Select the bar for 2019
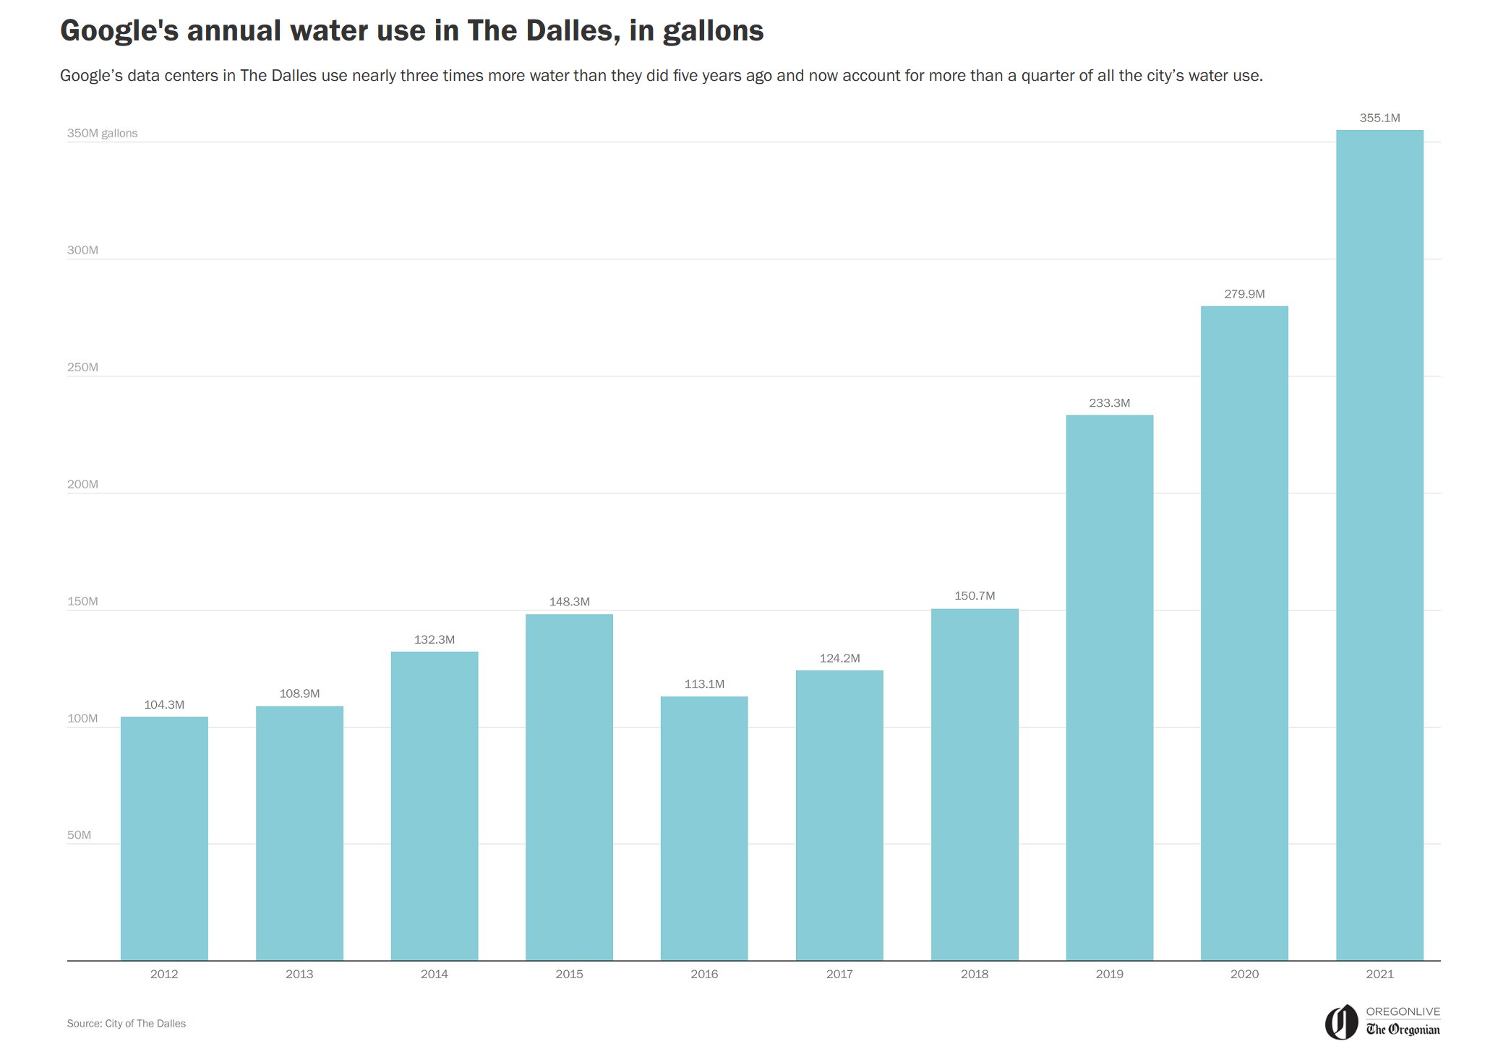click(1109, 687)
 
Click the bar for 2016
click(704, 828)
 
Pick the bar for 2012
click(164, 838)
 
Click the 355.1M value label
click(1379, 118)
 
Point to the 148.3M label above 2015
click(569, 602)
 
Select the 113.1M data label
click(704, 684)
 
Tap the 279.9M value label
click(1244, 294)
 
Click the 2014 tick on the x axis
click(434, 974)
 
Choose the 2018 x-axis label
click(974, 974)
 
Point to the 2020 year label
click(1244, 974)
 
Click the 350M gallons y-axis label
click(102, 133)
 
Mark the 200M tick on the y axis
click(82, 484)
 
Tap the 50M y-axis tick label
click(79, 835)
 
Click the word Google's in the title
click(119, 31)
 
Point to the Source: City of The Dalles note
click(127, 1024)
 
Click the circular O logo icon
click(1341, 1022)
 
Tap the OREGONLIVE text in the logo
click(1403, 1011)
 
